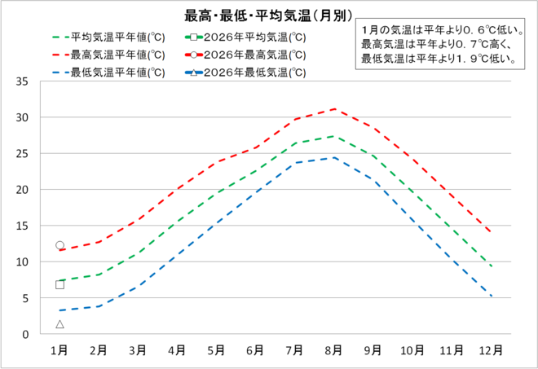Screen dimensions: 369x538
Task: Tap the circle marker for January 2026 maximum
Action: pos(60,245)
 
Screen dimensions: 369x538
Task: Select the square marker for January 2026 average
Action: pos(60,284)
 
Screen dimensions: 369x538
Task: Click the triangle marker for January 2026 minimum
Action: pos(60,324)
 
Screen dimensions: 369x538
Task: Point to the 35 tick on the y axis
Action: pos(23,81)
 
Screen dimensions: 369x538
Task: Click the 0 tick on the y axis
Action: pos(26,334)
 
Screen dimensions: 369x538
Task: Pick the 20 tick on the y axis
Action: pos(23,190)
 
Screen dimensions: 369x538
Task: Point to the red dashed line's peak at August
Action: pos(333,108)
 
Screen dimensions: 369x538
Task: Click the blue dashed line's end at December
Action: pos(491,296)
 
